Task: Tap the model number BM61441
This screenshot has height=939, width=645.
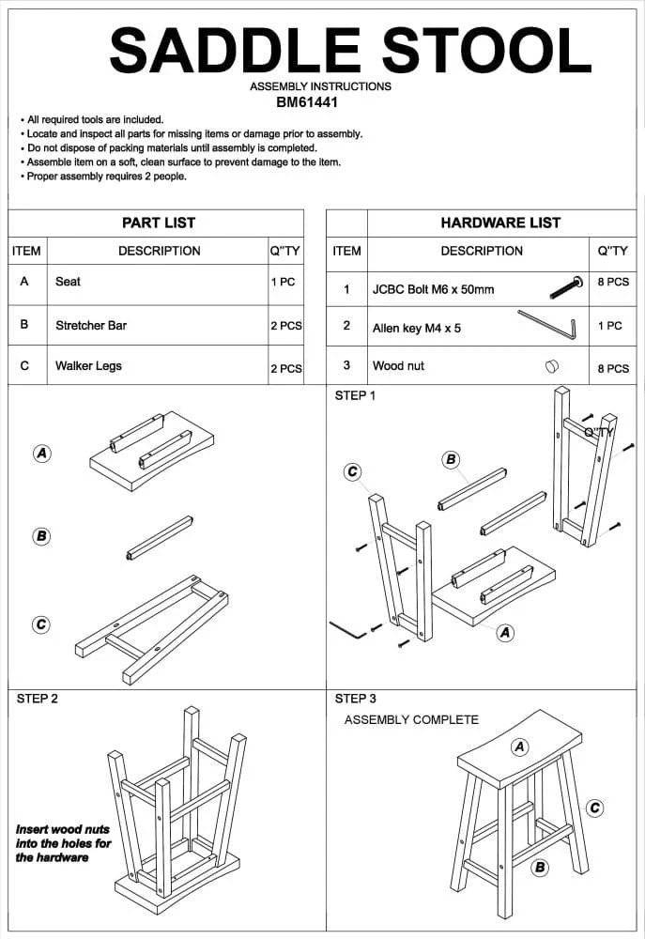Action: tap(320, 102)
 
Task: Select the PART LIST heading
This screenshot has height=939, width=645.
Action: tap(159, 223)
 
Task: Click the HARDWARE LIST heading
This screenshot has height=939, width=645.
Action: tap(500, 223)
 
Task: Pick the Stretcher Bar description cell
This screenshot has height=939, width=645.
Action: tap(91, 326)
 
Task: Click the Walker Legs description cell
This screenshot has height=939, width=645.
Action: tap(88, 366)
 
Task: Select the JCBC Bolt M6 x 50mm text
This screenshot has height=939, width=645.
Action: tap(433, 289)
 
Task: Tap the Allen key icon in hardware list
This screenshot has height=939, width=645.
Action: tap(546, 324)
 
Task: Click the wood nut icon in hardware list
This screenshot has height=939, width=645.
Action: tap(551, 366)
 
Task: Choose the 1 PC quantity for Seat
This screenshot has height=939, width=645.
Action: tap(283, 282)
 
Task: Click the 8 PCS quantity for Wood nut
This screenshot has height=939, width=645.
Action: tap(613, 369)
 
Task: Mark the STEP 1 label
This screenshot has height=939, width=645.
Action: tap(355, 395)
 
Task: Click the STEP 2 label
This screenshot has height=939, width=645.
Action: tap(37, 699)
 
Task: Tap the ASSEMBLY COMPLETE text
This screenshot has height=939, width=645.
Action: tap(411, 720)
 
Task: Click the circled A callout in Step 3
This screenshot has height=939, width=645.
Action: tap(519, 747)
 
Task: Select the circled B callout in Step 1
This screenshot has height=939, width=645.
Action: tap(451, 459)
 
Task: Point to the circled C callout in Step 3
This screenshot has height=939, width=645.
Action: tap(594, 808)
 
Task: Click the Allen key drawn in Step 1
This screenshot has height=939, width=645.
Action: tap(347, 629)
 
